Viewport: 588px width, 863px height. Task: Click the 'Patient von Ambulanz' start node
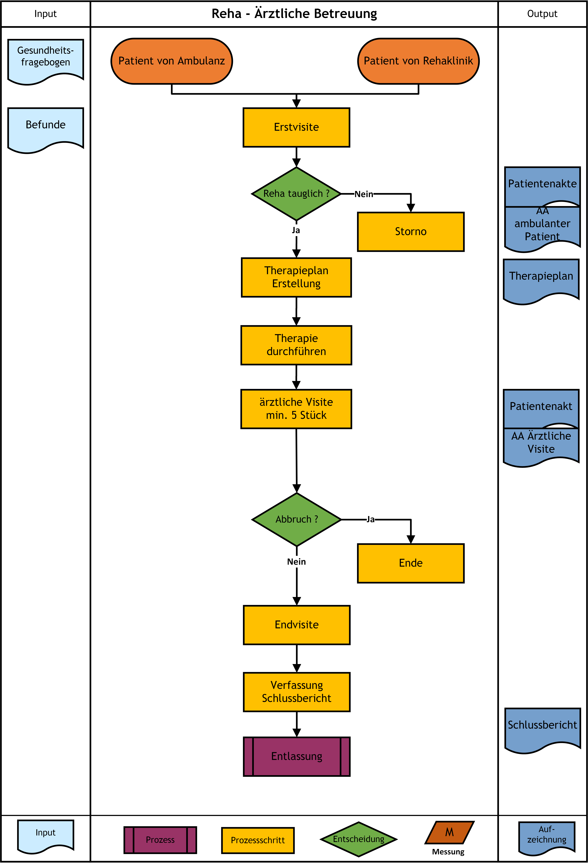(172, 61)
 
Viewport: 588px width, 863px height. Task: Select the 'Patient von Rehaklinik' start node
(418, 61)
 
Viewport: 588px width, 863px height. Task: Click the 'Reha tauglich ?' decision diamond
(296, 194)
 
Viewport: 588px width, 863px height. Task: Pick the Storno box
(411, 232)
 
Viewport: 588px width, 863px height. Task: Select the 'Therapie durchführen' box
(296, 345)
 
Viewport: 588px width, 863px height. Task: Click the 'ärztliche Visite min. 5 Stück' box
(296, 409)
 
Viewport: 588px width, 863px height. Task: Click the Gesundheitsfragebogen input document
(46, 59)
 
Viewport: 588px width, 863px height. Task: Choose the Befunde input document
(46, 128)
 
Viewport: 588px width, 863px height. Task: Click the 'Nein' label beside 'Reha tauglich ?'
(364, 194)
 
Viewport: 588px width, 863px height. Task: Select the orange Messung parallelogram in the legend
(449, 832)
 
